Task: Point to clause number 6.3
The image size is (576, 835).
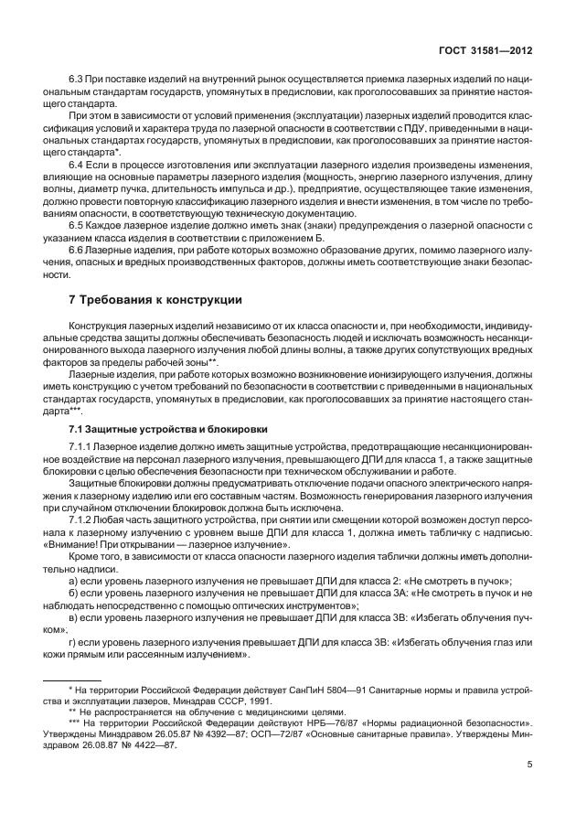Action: click(x=76, y=79)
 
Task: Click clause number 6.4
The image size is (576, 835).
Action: click(x=76, y=162)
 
